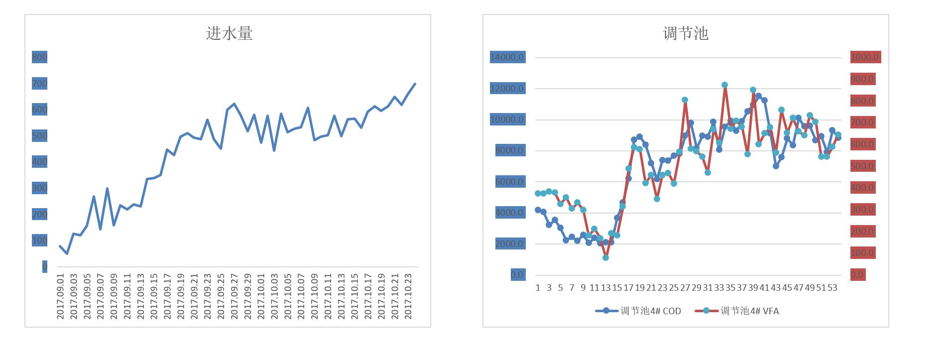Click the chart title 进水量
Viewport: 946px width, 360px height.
[229, 33]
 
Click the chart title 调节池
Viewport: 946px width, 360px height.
[685, 33]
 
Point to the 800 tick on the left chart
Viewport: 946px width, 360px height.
[39, 57]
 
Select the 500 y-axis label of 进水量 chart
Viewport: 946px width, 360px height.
[39, 136]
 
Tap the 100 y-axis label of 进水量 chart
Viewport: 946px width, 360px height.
[39, 240]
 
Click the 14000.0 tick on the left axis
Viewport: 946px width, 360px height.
[507, 57]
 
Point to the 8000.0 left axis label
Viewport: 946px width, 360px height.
[509, 150]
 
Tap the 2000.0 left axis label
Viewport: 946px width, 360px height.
[509, 244]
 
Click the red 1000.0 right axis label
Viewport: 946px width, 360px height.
[865, 57]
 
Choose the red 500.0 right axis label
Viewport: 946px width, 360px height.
[862, 166]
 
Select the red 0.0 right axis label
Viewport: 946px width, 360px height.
[857, 275]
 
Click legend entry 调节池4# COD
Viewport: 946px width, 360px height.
[639, 311]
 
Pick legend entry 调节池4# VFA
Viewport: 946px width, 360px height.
[738, 311]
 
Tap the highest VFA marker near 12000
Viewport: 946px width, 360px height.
[724, 85]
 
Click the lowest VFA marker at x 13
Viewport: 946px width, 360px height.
[605, 257]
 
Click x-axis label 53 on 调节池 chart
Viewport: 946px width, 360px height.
[831, 288]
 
